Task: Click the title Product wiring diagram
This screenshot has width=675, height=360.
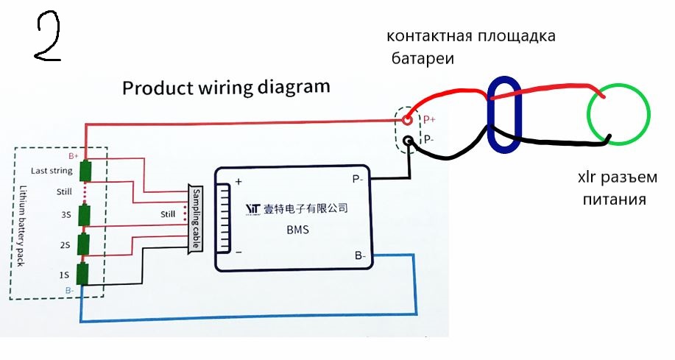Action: (226, 88)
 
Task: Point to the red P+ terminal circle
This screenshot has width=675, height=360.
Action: (406, 119)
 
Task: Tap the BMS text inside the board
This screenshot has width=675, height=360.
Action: (298, 230)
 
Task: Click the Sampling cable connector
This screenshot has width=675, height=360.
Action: (196, 218)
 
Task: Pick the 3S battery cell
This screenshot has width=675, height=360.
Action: (86, 216)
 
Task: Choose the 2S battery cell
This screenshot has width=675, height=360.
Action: (86, 244)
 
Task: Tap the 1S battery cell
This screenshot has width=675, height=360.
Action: (86, 274)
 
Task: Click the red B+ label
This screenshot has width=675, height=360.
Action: (74, 156)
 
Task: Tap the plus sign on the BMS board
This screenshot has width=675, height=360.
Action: (238, 182)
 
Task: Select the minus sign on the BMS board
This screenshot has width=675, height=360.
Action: (238, 250)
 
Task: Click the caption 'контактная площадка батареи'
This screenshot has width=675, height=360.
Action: (471, 46)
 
